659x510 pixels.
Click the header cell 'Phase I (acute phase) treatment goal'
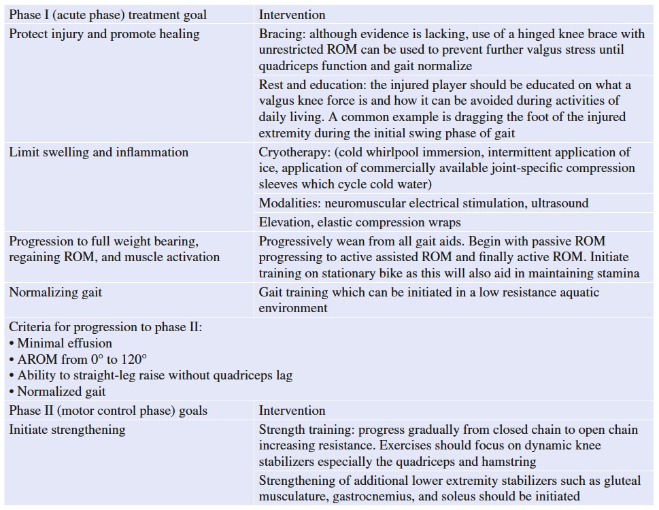tap(107, 14)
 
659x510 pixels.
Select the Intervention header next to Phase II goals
tap(292, 410)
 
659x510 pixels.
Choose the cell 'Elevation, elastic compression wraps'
tap(359, 222)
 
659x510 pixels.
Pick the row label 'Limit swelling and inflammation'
tap(99, 152)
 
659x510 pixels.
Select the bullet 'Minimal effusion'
tap(65, 343)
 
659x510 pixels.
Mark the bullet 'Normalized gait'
tap(61, 391)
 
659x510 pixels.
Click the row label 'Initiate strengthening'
tap(67, 429)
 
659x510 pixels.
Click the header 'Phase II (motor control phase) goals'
tap(108, 410)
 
